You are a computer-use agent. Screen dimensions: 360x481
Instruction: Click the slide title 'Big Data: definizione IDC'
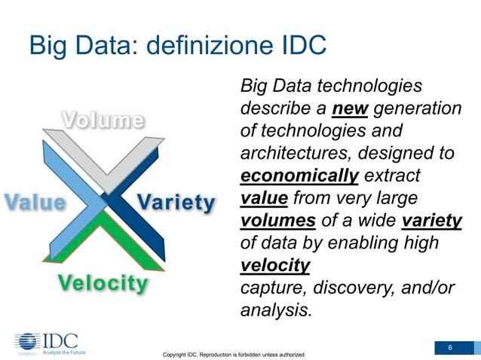(x=177, y=44)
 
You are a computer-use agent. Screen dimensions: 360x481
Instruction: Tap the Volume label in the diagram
(x=103, y=121)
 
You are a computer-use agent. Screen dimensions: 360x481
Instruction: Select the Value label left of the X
(x=35, y=203)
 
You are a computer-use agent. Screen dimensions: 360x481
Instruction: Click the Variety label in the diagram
(x=176, y=203)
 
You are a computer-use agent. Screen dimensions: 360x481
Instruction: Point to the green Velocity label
(x=103, y=283)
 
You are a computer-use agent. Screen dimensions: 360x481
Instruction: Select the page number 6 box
(x=450, y=347)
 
